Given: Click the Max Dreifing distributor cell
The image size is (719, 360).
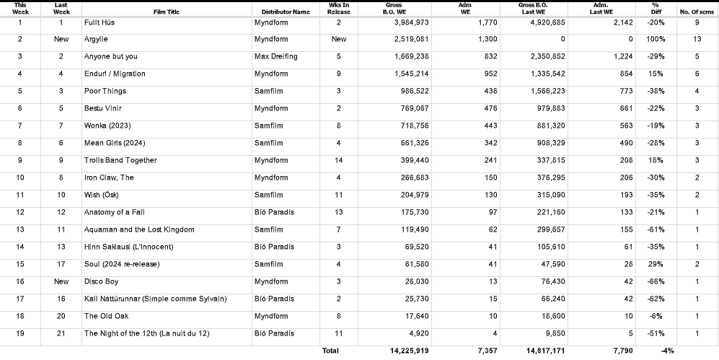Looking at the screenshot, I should point(276,56).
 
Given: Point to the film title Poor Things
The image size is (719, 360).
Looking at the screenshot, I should point(105,91).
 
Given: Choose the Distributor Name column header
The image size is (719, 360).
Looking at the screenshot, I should point(282,12).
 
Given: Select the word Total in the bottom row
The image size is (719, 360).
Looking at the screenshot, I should point(330,351).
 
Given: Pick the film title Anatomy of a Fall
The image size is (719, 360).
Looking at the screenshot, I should point(115,212).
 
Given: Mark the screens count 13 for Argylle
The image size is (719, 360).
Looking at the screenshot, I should point(697,39).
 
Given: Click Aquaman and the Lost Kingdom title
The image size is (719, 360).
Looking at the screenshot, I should point(138,229).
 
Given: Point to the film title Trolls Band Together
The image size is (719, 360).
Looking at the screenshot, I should point(120,160).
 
